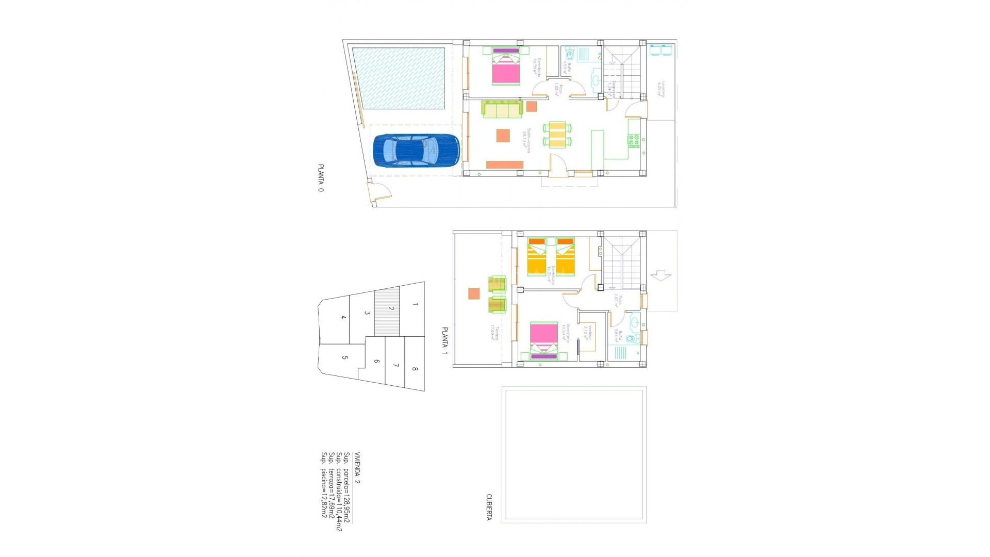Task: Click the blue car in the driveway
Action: [416, 151]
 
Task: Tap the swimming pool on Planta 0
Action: [398, 78]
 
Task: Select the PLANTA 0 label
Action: [321, 178]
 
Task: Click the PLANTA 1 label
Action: [444, 341]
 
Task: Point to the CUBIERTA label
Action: [488, 507]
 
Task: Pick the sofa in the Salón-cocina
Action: [501, 109]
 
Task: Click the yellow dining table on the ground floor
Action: [557, 135]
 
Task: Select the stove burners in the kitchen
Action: [634, 139]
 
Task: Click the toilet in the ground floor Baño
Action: [569, 55]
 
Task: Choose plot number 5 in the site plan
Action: [344, 358]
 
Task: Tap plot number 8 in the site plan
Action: [415, 369]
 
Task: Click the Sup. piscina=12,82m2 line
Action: [324, 485]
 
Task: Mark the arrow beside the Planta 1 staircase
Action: [661, 276]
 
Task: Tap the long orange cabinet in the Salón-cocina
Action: [505, 165]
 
